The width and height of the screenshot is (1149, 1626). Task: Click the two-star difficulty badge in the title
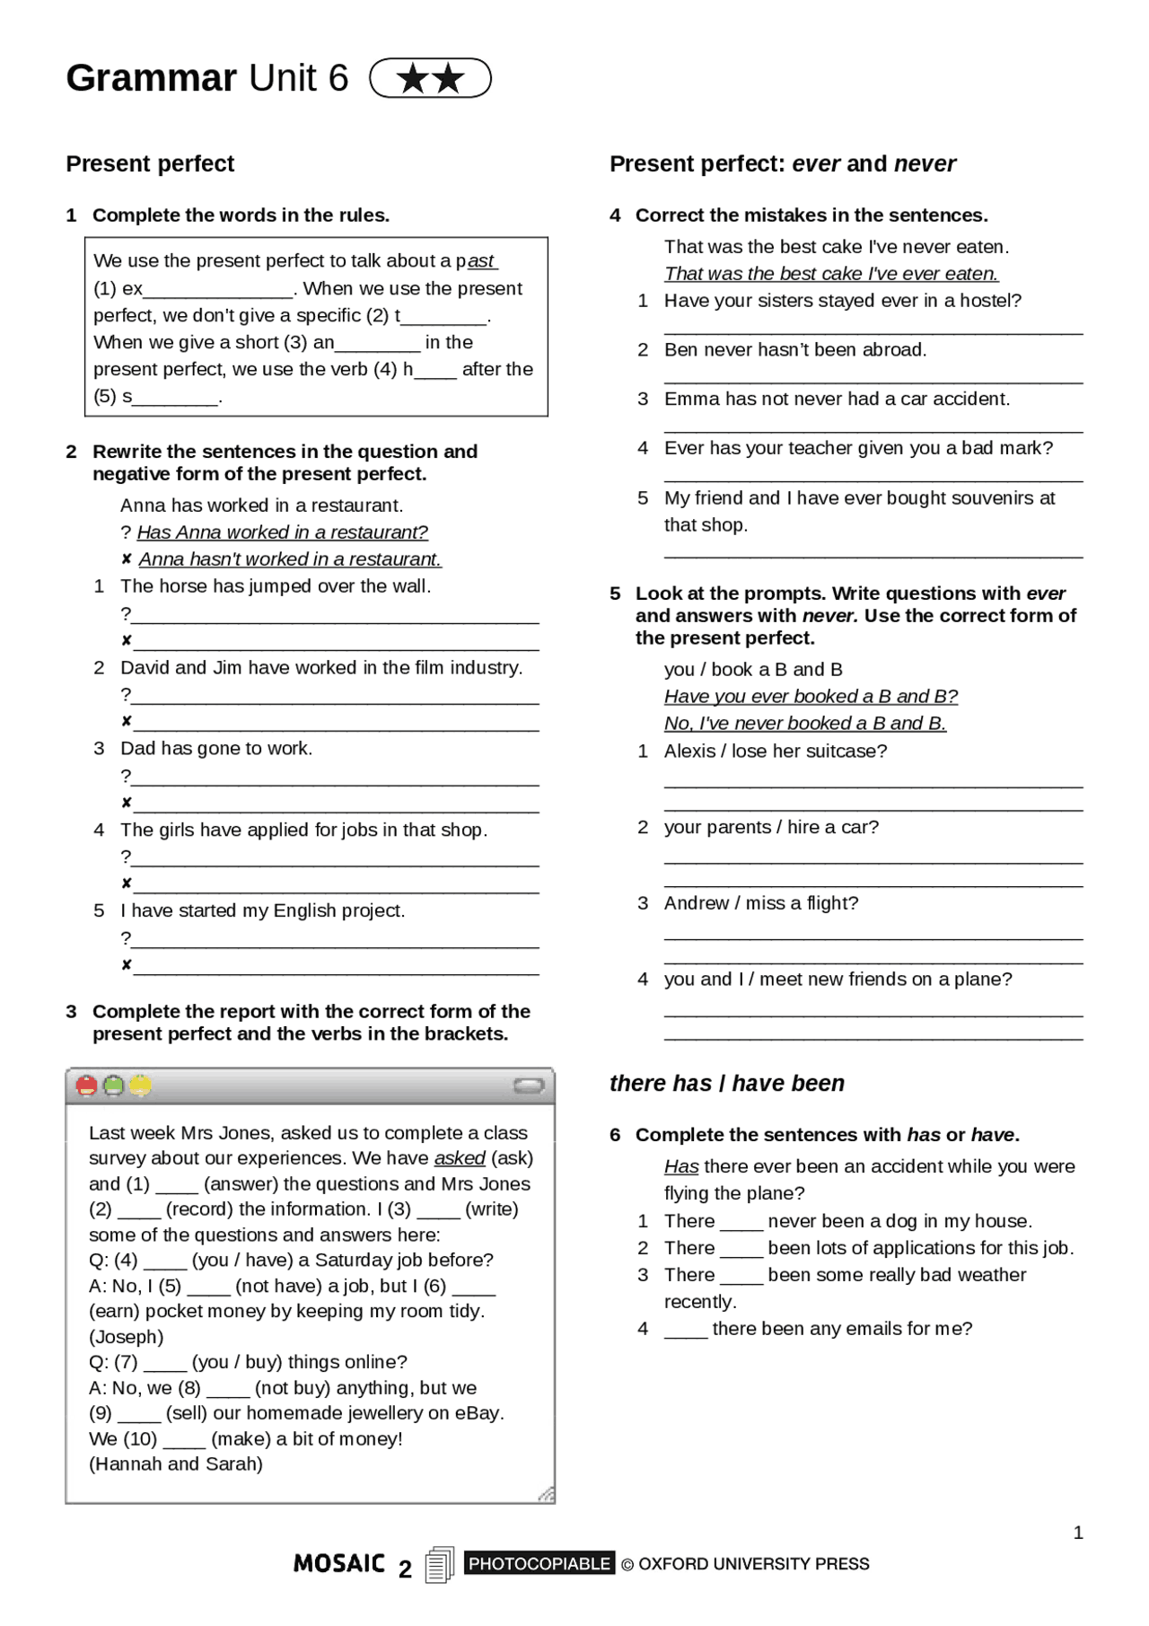(x=430, y=78)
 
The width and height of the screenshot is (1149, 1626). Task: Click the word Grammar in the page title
(x=151, y=78)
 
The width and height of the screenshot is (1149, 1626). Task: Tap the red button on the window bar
(x=87, y=1085)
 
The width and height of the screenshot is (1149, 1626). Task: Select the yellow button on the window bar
(x=141, y=1085)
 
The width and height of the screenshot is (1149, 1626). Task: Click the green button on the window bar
(x=114, y=1085)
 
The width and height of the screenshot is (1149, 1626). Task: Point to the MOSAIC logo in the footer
(x=339, y=1563)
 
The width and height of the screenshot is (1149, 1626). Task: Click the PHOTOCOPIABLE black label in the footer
(x=539, y=1563)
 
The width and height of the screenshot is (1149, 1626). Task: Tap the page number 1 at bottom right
(x=1078, y=1533)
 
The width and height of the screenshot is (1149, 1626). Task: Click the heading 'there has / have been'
(x=726, y=1083)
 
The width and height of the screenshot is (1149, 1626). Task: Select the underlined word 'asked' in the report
(x=460, y=1158)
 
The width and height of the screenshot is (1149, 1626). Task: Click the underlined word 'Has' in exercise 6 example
(x=681, y=1166)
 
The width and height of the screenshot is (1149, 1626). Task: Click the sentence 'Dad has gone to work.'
(x=216, y=748)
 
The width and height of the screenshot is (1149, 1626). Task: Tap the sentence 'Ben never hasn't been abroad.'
(x=794, y=349)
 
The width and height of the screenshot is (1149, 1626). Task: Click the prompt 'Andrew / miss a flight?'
(x=760, y=902)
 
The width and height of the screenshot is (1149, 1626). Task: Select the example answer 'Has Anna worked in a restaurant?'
(x=282, y=532)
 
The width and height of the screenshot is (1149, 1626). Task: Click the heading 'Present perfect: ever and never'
(x=782, y=163)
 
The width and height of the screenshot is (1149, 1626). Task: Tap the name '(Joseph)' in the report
(x=126, y=1336)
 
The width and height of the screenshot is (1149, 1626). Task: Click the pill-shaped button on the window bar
(x=529, y=1086)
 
